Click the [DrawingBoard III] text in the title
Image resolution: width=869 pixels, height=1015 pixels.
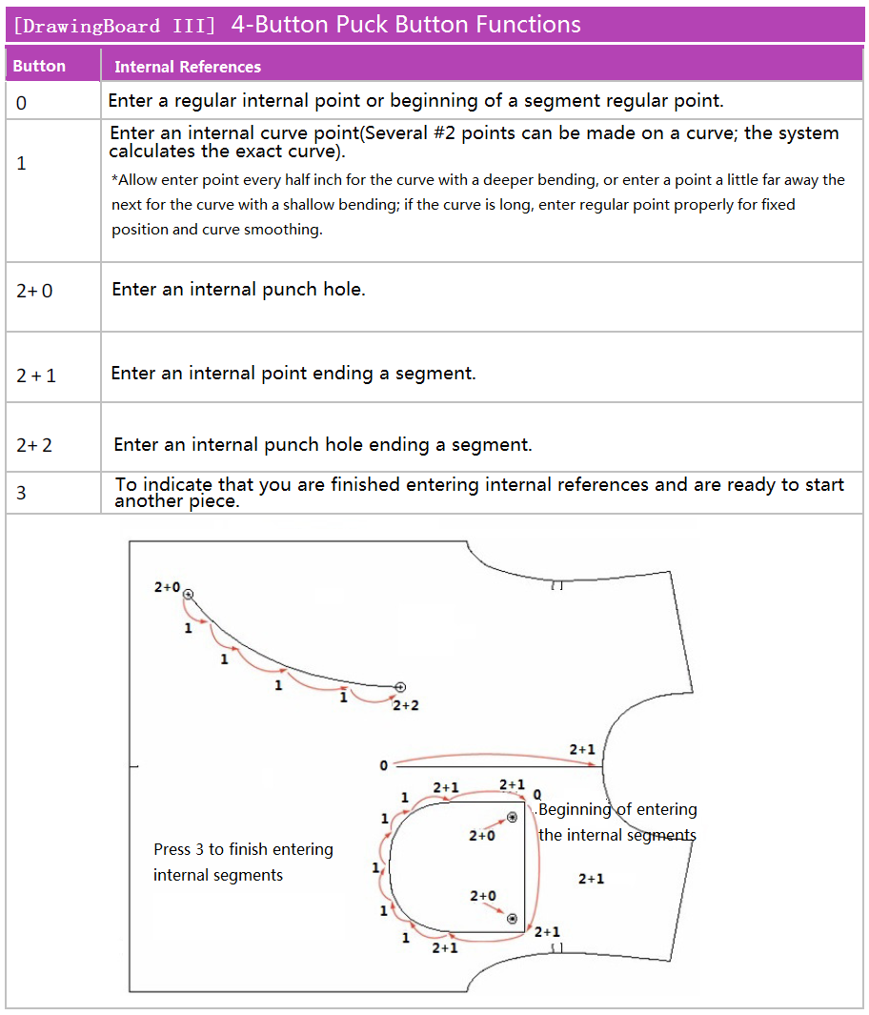(114, 26)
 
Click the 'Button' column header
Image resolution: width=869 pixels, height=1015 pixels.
(39, 66)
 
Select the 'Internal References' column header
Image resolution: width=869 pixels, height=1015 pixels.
(188, 67)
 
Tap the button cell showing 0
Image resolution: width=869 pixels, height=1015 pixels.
(22, 102)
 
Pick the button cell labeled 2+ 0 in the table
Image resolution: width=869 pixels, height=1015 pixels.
(34, 291)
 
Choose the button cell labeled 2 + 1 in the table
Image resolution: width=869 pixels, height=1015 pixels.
(36, 376)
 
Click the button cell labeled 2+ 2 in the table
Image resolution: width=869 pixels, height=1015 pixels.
(34, 445)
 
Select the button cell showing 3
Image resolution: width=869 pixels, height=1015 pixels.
(22, 493)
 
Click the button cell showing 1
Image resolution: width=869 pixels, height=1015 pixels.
(22, 163)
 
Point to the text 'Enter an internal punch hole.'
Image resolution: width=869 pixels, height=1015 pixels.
(238, 289)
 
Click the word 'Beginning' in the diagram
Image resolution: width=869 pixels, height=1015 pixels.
(575, 809)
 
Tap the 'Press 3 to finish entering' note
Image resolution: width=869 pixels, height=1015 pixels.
(243, 849)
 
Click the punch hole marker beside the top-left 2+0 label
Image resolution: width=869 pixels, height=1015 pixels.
(189, 595)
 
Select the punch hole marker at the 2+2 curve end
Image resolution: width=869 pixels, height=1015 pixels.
(400, 687)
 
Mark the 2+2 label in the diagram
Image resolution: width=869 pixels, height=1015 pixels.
(406, 705)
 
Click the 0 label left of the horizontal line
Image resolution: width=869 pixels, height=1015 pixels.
(384, 765)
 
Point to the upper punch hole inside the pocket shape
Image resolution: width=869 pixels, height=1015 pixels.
(512, 818)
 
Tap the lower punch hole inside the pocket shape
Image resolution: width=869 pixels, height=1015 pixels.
(512, 919)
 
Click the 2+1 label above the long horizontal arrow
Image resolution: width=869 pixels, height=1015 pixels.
(582, 750)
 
